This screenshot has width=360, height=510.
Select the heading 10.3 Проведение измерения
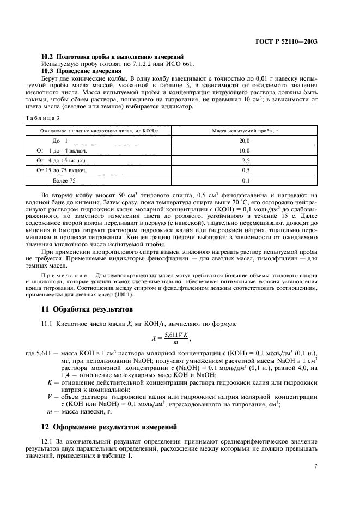81,71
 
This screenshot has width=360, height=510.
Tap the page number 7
315,466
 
